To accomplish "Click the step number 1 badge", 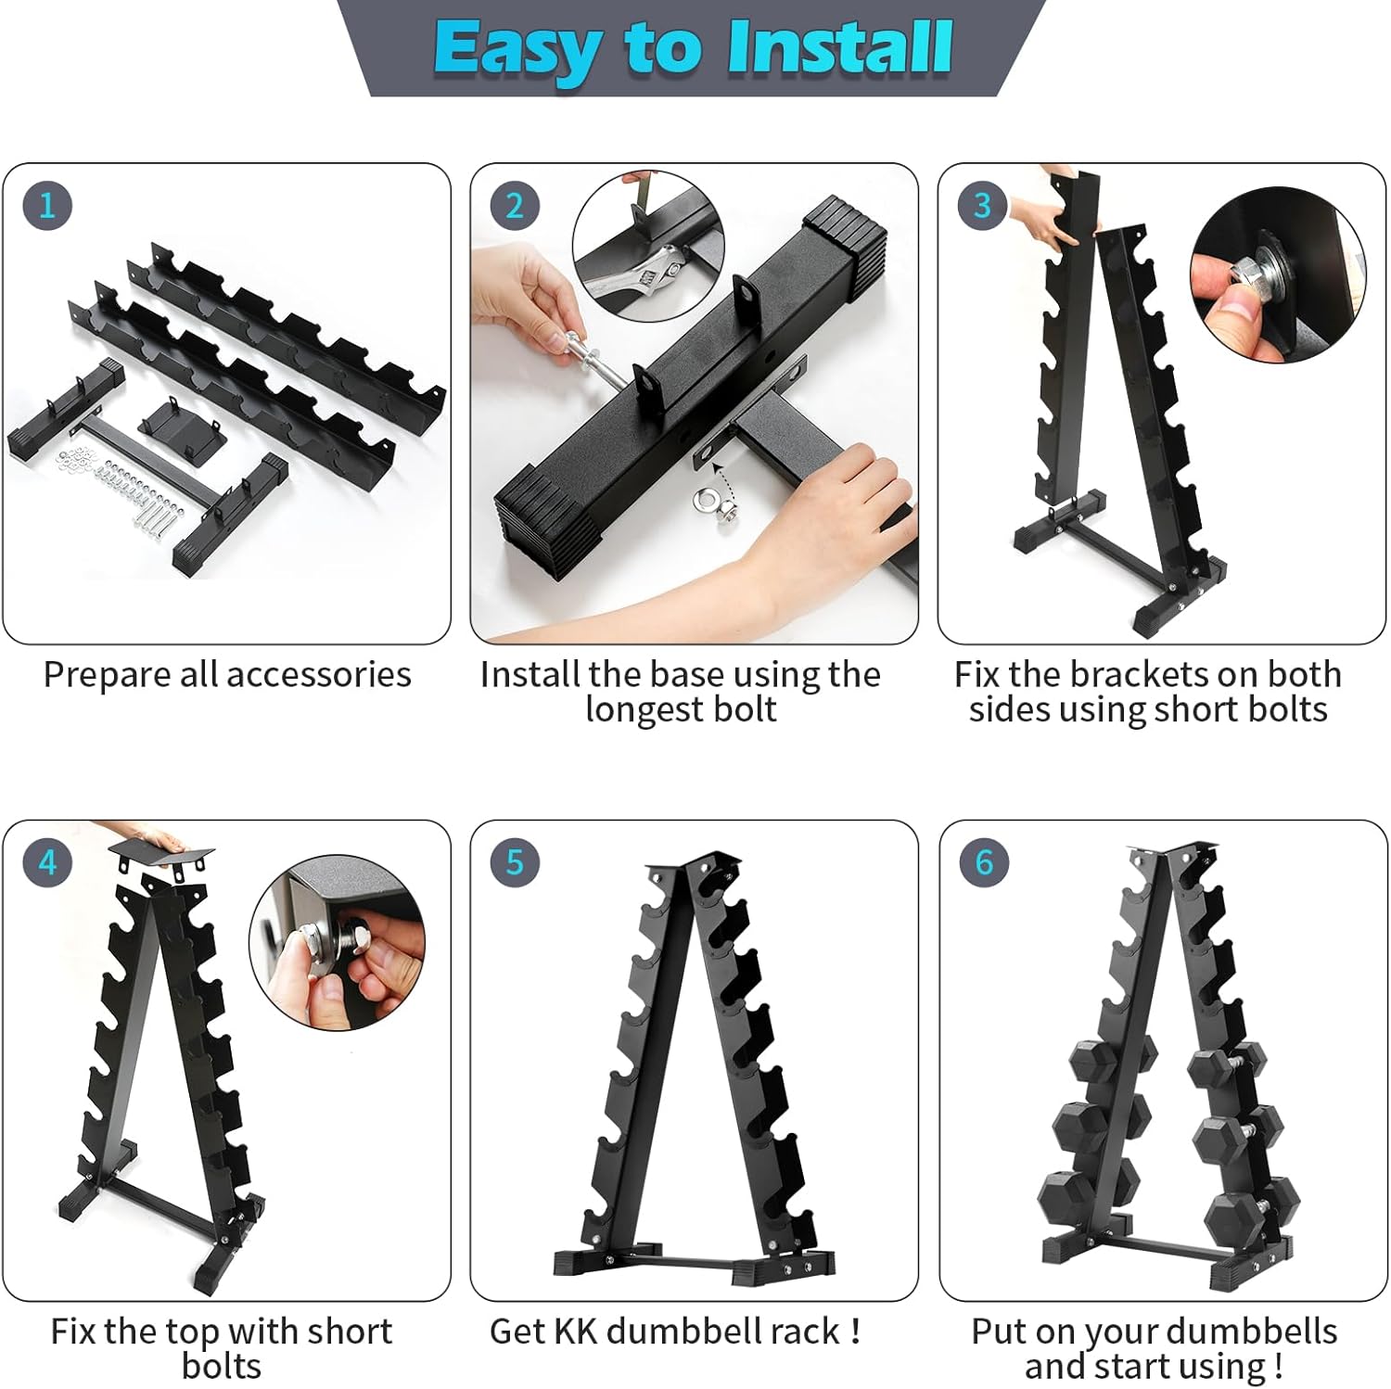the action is [x=47, y=205].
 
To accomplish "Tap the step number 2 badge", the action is [x=515, y=205].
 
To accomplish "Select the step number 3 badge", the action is [x=982, y=205].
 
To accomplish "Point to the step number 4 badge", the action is [x=47, y=862].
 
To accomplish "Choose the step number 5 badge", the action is [x=515, y=862].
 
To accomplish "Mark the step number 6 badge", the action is [x=983, y=862].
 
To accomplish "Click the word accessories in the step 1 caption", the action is [x=318, y=675].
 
